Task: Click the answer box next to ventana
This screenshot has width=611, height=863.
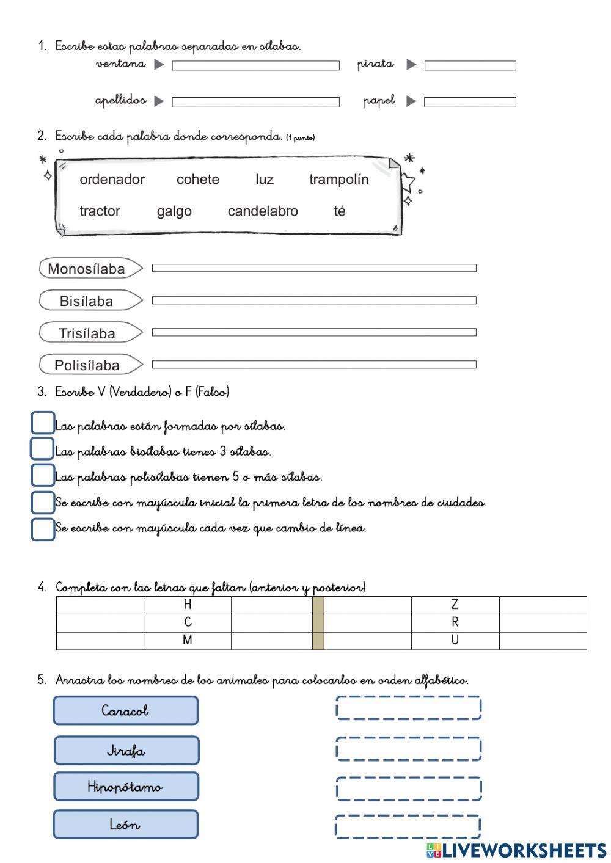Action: point(255,65)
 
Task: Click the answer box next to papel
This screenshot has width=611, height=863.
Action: point(470,102)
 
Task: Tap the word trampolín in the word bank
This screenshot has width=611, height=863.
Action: point(338,180)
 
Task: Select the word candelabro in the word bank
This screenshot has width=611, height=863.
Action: point(263,211)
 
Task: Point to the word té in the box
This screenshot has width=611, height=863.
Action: point(340,211)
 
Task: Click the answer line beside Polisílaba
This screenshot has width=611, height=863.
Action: point(314,365)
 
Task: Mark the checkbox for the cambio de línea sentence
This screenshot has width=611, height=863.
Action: point(42,529)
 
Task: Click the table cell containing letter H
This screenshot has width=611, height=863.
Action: point(188,605)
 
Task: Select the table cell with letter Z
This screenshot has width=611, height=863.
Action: point(455,605)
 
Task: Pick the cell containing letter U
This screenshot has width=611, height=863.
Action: point(455,640)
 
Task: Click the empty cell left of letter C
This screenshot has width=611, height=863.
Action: point(100,622)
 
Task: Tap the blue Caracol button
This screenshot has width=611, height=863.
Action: point(126,710)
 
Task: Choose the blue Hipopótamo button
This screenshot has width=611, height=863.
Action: point(126,787)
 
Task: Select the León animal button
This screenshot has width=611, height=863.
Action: point(126,825)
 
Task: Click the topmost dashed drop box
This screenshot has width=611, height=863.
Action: point(408,708)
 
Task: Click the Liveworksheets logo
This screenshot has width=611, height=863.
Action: point(516,850)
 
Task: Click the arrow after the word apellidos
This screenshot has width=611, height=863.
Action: point(159,101)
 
